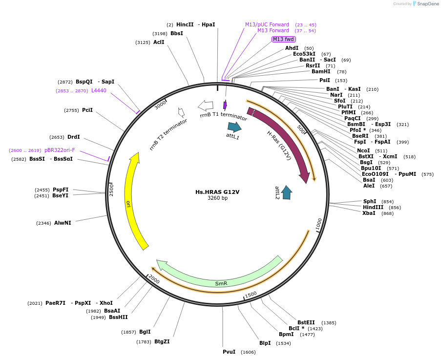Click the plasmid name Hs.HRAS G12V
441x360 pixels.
(217, 192)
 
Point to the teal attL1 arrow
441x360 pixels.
(234, 127)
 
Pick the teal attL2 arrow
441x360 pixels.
(287, 192)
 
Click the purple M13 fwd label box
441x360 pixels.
(284, 39)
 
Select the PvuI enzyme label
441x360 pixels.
(229, 352)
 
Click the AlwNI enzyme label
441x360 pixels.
(63, 223)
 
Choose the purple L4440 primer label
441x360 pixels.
(99, 90)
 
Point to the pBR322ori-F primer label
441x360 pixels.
(60, 150)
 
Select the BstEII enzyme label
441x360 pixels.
(306, 322)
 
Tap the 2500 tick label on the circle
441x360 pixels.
(111, 189)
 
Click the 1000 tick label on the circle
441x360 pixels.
(318, 224)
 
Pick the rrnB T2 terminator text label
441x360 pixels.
(168, 134)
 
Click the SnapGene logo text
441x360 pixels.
(428, 4)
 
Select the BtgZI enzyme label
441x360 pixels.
(162, 341)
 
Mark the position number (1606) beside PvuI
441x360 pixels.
(248, 352)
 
